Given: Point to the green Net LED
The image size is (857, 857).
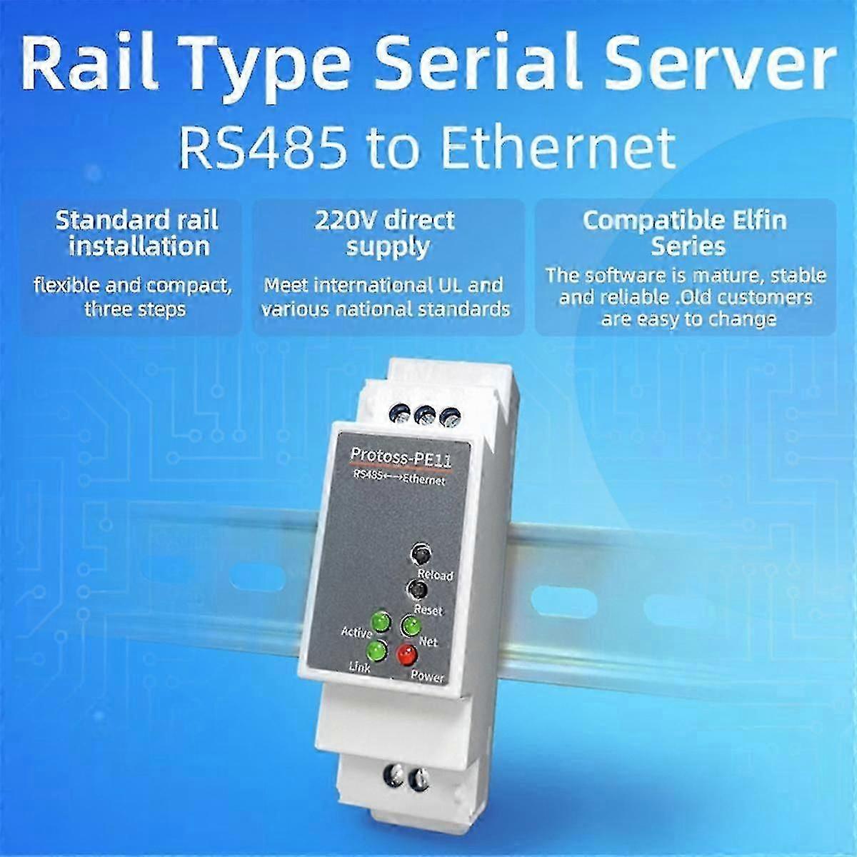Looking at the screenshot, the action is click(x=411, y=626).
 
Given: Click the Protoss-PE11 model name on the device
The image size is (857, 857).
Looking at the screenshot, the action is click(x=401, y=456).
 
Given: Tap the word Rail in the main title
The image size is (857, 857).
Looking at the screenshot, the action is click(x=90, y=64).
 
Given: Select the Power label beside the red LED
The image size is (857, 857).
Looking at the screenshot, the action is click(x=427, y=676).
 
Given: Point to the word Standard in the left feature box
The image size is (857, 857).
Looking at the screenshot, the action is click(x=104, y=221).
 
